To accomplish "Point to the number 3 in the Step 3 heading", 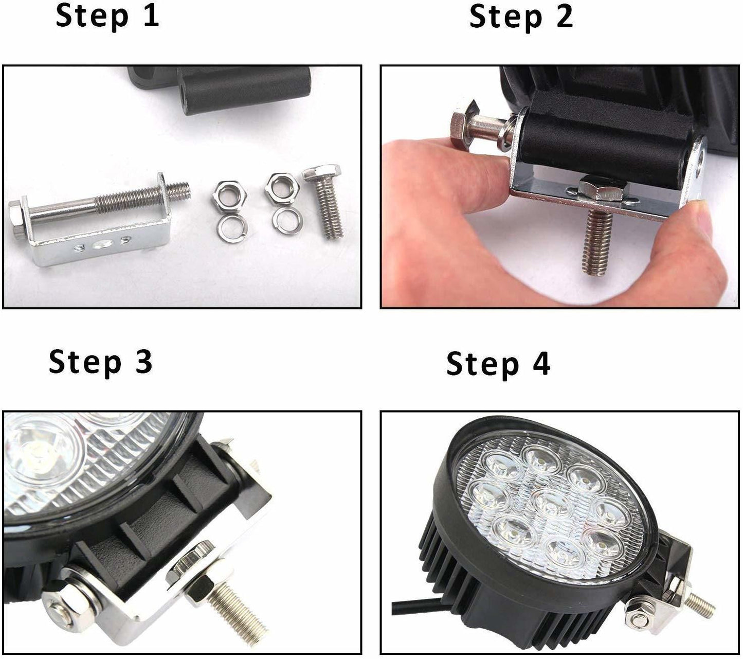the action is point(142,362).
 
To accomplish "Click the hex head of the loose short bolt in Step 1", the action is point(322,173).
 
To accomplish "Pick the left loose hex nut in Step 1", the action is point(229,195).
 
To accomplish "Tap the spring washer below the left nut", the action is point(230,225).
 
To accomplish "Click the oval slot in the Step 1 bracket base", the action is point(102,245).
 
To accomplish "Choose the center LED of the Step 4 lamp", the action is point(552,505).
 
